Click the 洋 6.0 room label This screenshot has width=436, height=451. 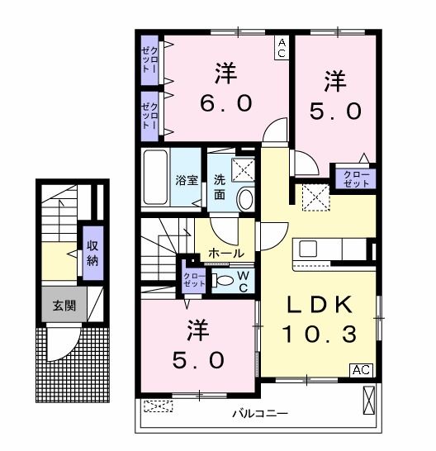(225, 88)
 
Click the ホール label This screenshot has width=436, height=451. (225, 253)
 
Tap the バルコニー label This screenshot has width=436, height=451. (258, 412)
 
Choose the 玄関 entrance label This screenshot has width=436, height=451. (64, 305)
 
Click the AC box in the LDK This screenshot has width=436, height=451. (362, 369)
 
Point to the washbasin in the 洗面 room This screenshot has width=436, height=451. (245, 198)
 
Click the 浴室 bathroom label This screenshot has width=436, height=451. (186, 178)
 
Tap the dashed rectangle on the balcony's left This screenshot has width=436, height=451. (158, 406)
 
